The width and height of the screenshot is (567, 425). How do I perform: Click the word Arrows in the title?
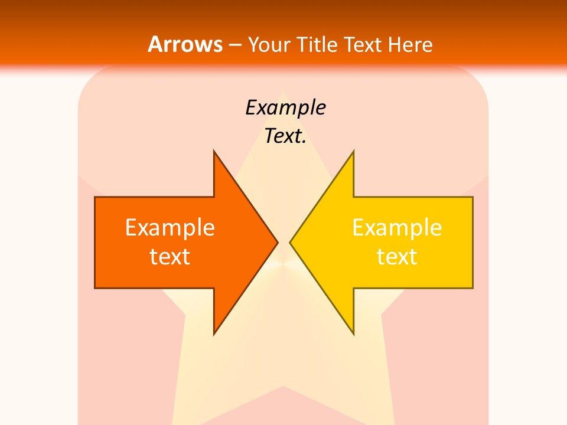185,44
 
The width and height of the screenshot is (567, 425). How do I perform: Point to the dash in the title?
234,45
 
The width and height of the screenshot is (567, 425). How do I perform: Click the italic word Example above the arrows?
285,107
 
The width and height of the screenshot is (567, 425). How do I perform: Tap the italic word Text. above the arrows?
285,136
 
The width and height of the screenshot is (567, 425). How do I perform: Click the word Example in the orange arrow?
170,227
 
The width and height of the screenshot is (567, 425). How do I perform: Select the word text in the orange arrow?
170,256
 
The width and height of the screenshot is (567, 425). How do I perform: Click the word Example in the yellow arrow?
397,227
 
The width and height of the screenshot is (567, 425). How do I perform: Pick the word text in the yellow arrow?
397,256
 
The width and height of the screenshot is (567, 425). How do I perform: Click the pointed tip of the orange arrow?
278,242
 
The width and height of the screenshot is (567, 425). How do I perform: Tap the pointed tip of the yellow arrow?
290,242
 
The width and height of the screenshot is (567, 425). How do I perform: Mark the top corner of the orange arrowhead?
214,151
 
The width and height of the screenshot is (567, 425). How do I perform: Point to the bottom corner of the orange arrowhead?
214,334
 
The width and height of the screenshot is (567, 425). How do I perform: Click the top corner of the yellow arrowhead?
353,151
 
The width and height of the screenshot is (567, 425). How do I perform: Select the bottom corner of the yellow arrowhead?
353,334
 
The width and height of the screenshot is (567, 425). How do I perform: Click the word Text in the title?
363,44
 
